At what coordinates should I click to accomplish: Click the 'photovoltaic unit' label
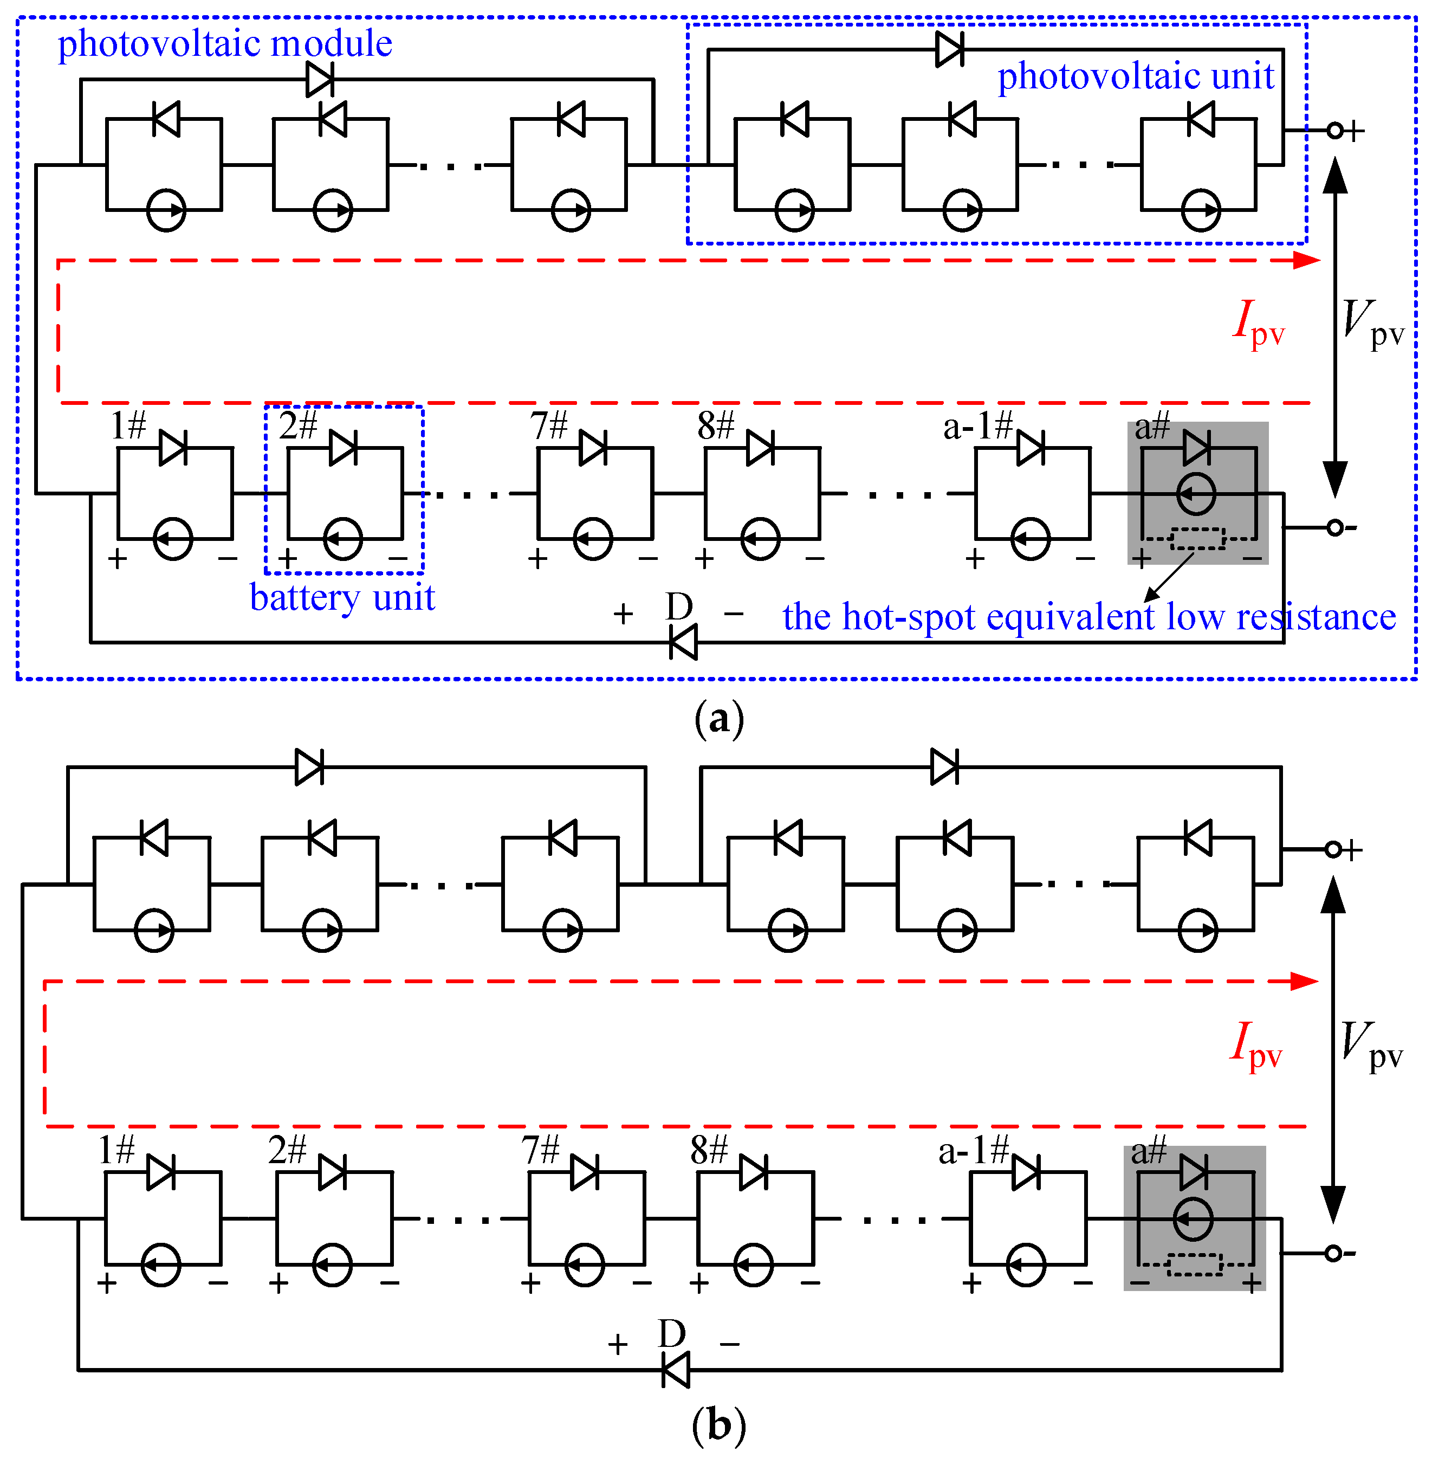1135,76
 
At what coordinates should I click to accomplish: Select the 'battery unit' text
342,598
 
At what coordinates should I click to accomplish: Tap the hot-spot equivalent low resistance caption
1088,617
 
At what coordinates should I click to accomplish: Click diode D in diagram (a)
683,642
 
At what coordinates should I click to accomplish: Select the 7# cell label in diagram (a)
548,426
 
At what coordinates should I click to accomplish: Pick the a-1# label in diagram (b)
973,1151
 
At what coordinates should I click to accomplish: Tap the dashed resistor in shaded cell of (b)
1194,1265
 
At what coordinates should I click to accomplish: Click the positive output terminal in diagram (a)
1335,131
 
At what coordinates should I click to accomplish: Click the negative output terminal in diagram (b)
1333,1253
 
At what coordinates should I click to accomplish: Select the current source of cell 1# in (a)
173,539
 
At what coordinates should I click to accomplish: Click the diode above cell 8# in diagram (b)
753,1173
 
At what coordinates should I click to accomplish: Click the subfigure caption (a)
719,719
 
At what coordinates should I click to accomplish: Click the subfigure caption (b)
719,1424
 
